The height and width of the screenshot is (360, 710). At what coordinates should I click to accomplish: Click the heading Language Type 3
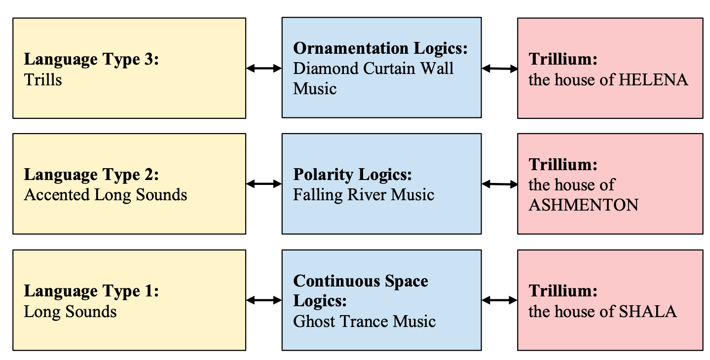click(91, 59)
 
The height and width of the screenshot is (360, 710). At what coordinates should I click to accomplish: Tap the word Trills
click(43, 80)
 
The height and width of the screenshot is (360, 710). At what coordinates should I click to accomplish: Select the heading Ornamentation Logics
click(380, 48)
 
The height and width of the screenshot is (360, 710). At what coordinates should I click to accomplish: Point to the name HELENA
click(653, 79)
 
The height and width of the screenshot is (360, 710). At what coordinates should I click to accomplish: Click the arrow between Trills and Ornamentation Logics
click(263, 69)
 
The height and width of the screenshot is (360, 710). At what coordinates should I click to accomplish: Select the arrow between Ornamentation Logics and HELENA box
click(499, 69)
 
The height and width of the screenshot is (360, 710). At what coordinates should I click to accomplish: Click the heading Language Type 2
click(91, 175)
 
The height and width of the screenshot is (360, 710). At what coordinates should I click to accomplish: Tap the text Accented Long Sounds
click(106, 195)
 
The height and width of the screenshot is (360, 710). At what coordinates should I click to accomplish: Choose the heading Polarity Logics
click(352, 175)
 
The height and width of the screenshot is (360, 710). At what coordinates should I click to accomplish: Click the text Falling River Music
click(364, 195)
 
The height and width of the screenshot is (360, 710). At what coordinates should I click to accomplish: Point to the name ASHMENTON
click(583, 205)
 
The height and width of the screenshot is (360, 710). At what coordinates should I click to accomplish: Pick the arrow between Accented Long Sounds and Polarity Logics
click(263, 184)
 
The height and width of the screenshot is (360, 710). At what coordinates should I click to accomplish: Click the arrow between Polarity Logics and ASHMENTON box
click(499, 184)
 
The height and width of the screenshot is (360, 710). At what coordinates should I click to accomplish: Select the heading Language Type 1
click(91, 291)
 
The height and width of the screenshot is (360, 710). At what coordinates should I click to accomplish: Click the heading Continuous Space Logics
click(361, 281)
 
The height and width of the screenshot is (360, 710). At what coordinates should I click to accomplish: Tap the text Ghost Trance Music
click(365, 322)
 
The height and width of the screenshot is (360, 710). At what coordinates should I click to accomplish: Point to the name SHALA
click(647, 311)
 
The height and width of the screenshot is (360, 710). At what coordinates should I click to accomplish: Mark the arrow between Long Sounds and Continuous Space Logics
click(263, 300)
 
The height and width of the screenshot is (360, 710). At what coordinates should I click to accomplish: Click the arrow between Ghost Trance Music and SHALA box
click(499, 300)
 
